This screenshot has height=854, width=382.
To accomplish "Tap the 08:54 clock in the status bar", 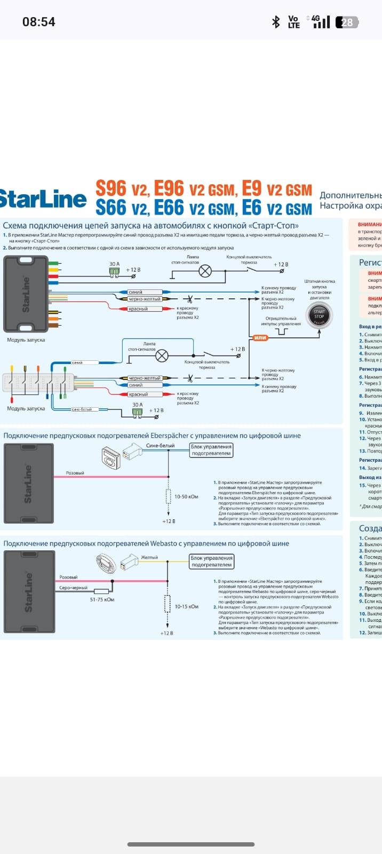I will click(38, 22).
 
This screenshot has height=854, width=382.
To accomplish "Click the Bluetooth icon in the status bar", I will click(276, 22).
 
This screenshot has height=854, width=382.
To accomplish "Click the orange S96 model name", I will click(111, 189).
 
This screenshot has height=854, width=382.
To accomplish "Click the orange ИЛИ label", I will click(260, 337).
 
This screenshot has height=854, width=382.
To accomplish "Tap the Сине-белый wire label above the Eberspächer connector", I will click(160, 446).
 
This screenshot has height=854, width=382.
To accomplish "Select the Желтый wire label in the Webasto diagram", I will click(149, 557).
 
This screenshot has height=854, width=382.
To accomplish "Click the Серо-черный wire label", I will click(73, 588).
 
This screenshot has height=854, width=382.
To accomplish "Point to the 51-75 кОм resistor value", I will click(102, 599).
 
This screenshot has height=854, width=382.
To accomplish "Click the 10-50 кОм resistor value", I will click(186, 497).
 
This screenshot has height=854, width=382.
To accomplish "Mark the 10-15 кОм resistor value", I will click(186, 606).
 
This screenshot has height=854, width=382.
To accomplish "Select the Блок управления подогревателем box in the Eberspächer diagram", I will click(211, 450).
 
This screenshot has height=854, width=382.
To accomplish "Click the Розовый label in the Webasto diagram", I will click(68, 577).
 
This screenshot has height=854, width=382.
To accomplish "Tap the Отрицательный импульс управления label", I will click(281, 321).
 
